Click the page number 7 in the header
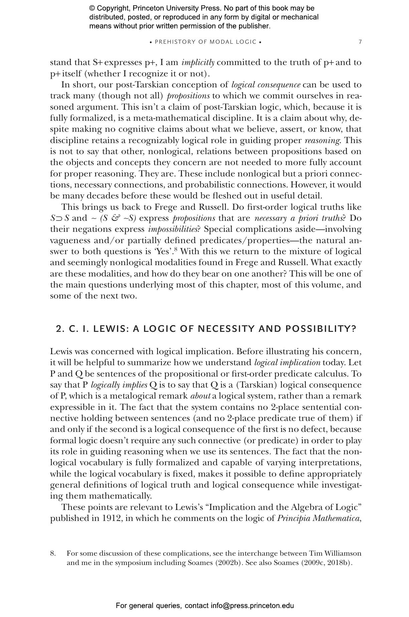(x=360, y=42)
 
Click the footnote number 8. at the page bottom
(x=53, y=553)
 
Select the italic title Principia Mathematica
(x=319, y=518)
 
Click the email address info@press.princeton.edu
(x=252, y=605)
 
